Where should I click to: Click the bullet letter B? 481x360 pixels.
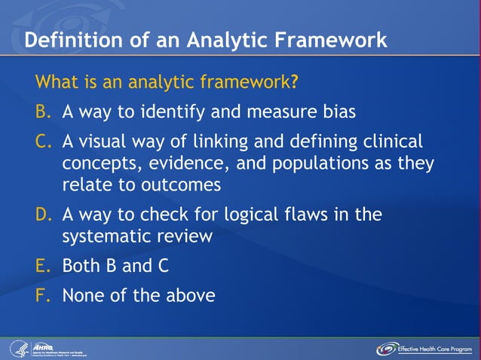click(x=43, y=112)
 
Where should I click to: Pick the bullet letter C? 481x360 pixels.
click(x=43, y=142)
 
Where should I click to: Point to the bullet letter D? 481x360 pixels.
click(x=43, y=215)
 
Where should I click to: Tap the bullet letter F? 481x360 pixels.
click(x=43, y=294)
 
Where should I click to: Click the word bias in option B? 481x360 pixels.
click(x=338, y=112)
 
